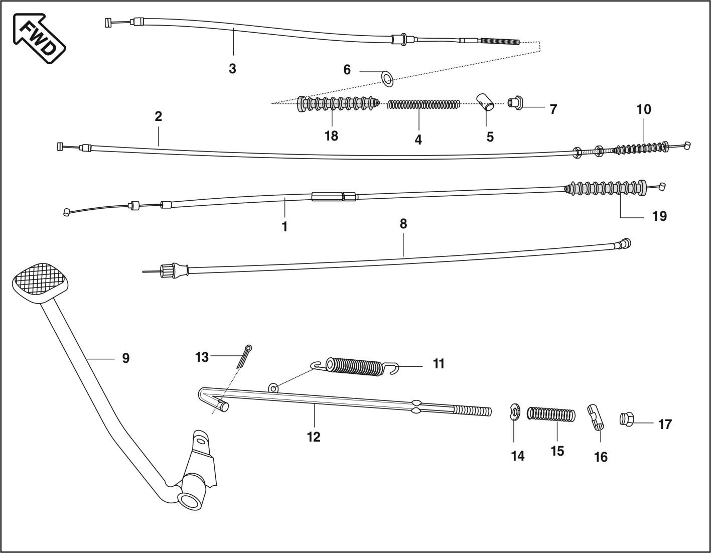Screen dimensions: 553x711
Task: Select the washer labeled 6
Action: pos(387,78)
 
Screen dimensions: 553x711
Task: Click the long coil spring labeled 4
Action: pos(424,104)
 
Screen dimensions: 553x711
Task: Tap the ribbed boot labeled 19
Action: pos(605,189)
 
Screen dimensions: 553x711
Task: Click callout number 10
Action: pos(644,109)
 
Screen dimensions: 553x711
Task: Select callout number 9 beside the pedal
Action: pos(125,358)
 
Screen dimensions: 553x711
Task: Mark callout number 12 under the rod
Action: pos(314,437)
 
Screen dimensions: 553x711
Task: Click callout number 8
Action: pos(403,224)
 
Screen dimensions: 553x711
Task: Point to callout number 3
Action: pos(232,69)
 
